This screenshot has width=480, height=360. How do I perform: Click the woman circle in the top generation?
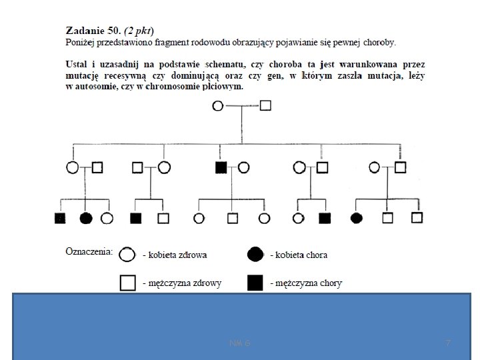(x=217, y=105)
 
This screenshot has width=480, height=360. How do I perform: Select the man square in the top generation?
(x=265, y=105)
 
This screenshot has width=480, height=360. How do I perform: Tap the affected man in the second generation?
(x=221, y=167)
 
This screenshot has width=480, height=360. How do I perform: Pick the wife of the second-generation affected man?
(x=244, y=167)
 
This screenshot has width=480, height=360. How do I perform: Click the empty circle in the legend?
(x=128, y=254)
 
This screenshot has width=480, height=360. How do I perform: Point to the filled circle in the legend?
(x=255, y=254)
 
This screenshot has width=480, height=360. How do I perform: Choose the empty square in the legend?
(x=128, y=283)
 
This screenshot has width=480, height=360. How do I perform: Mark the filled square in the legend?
(x=255, y=283)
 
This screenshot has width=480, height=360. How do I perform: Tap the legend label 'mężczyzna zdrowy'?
(x=182, y=283)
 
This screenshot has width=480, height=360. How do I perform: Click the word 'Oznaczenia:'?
(x=89, y=252)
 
